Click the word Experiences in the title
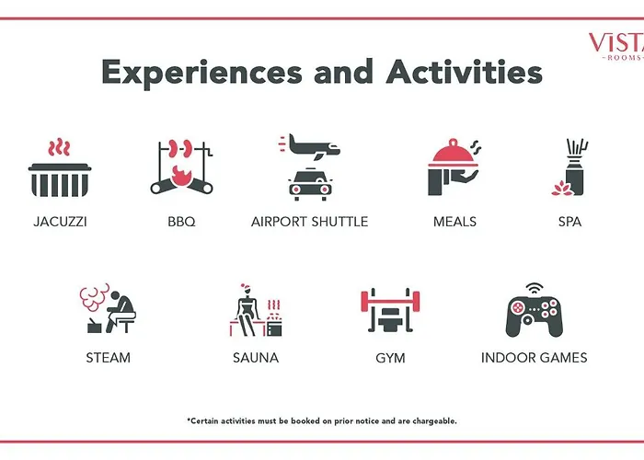click(201, 73)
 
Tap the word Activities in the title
click(464, 72)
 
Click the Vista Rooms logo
click(617, 46)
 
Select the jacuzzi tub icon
click(60, 180)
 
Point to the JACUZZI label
click(60, 222)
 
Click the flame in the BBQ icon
click(180, 177)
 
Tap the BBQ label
click(181, 222)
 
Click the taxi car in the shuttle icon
click(311, 184)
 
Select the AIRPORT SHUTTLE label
click(310, 222)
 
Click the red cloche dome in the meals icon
click(454, 152)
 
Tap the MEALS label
click(454, 222)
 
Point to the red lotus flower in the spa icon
click(563, 189)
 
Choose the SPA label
click(569, 222)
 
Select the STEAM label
click(108, 358)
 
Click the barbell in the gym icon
click(390, 301)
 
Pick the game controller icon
click(534, 316)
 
